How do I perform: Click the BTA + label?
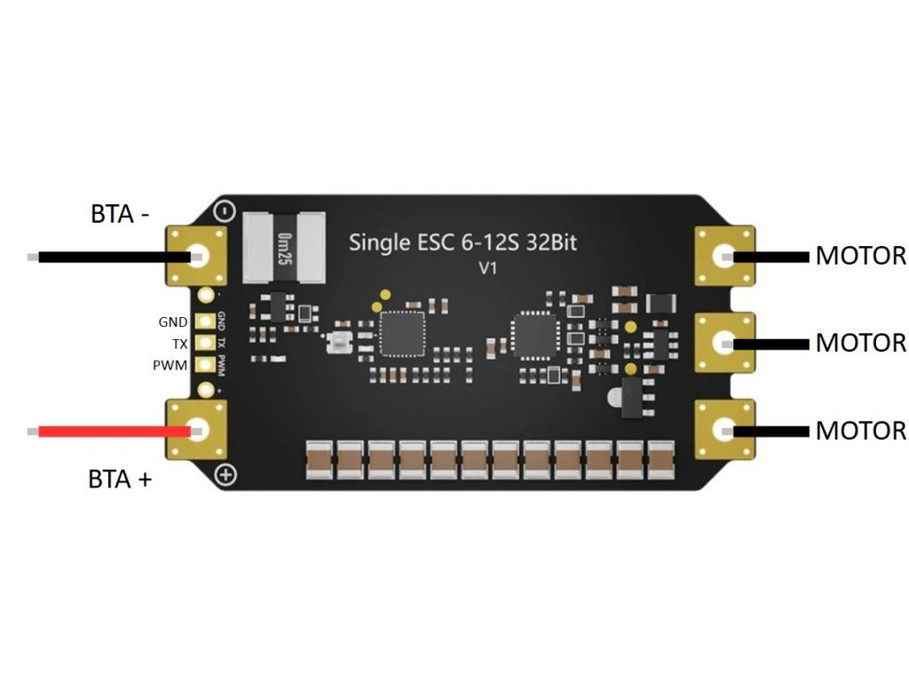120,480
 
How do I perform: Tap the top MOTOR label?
860,256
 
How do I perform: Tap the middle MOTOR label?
860,342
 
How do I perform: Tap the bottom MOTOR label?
860,431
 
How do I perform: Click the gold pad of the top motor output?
724,258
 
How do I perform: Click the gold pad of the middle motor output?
724,342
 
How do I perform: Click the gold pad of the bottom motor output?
724,431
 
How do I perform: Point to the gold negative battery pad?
197,256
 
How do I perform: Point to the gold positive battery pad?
197,430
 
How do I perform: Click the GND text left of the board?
173,321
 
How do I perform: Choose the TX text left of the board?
180,343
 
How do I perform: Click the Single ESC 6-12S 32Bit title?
462,242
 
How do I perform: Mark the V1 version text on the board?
487,267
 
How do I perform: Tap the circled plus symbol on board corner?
226,475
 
